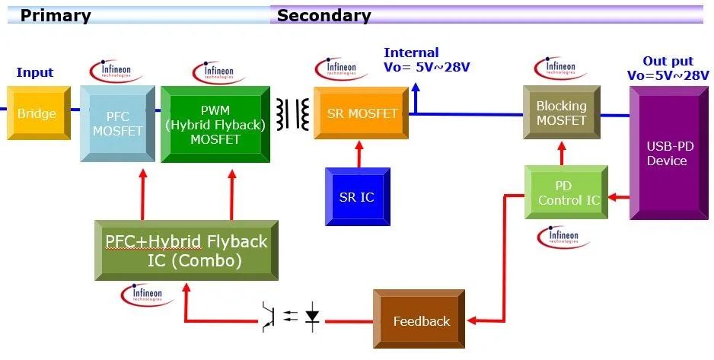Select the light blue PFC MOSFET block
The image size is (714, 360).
point(112,124)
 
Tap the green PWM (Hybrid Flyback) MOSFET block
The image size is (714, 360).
point(215,124)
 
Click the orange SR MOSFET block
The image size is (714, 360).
point(362,113)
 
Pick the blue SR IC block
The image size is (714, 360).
point(357,196)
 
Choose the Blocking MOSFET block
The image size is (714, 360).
point(561,113)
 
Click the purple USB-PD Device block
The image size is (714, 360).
point(667,153)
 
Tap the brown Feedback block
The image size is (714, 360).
point(420,320)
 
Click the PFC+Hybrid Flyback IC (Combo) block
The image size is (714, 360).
point(186,250)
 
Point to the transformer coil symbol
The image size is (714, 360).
point(292,113)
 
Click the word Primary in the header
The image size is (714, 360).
point(55,15)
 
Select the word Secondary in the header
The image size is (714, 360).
point(324,15)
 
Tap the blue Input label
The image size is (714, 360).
point(35,72)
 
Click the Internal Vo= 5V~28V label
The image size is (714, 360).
point(426,59)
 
